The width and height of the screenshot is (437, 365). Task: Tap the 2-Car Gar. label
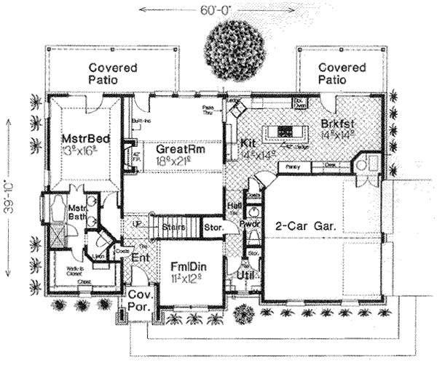pos(305,227)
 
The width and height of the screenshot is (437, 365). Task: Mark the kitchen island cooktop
pos(286,132)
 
